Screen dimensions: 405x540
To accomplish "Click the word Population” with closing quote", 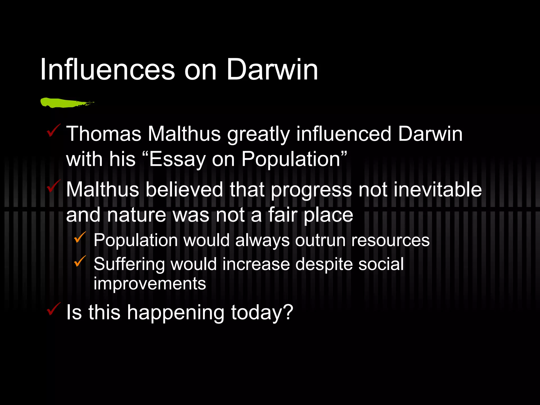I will (294, 160).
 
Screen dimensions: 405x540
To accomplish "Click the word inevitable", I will (437, 190).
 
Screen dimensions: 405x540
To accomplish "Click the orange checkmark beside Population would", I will (80, 237).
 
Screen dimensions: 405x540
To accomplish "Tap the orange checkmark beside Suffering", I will (80, 261).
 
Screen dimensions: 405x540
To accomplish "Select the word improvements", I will (150, 284).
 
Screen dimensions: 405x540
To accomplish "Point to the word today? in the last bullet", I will (262, 313).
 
